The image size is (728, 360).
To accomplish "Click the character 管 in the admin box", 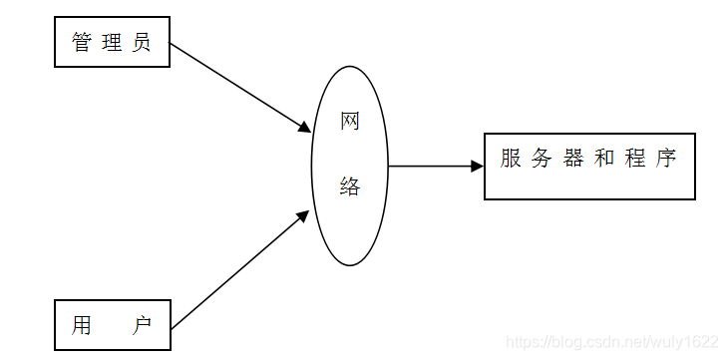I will (x=82, y=43).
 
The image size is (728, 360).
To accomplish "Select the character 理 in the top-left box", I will (x=112, y=43).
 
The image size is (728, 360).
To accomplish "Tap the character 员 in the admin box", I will (x=142, y=43).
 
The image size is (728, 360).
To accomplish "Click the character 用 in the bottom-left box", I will (x=82, y=326).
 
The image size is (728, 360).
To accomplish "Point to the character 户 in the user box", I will (x=142, y=326).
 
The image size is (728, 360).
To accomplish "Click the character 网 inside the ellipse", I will (x=350, y=123).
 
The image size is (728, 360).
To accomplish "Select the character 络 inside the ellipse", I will (x=350, y=186).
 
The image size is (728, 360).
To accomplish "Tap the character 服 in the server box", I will (x=512, y=160).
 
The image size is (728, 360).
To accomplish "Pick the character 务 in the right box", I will (x=543, y=160).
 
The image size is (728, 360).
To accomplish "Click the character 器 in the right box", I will (x=573, y=160).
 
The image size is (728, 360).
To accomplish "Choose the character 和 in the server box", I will (x=604, y=160).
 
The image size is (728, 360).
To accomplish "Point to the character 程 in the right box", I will (x=635, y=160).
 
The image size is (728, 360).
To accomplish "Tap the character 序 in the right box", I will (x=666, y=160).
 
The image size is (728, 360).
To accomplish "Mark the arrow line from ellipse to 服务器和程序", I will (x=429, y=167).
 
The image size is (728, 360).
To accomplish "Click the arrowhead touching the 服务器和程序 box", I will (x=478, y=167).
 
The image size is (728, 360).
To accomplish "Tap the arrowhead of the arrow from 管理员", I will (x=305, y=128).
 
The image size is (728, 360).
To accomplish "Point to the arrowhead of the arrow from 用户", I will (x=303, y=215).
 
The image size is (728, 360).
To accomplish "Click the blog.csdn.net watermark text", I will (x=612, y=342).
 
